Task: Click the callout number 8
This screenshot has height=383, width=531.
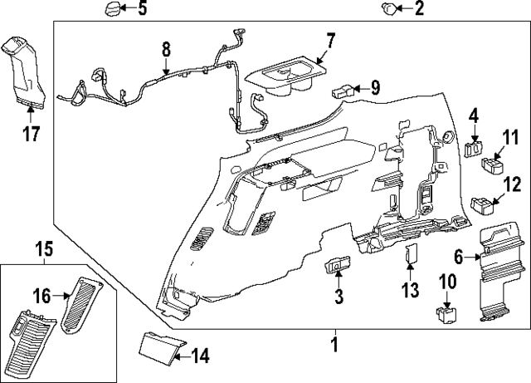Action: [x=165, y=49]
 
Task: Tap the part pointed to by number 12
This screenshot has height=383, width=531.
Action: [x=480, y=203]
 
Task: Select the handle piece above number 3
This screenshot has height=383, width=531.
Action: [x=337, y=266]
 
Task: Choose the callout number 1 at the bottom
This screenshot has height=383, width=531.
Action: [x=334, y=342]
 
